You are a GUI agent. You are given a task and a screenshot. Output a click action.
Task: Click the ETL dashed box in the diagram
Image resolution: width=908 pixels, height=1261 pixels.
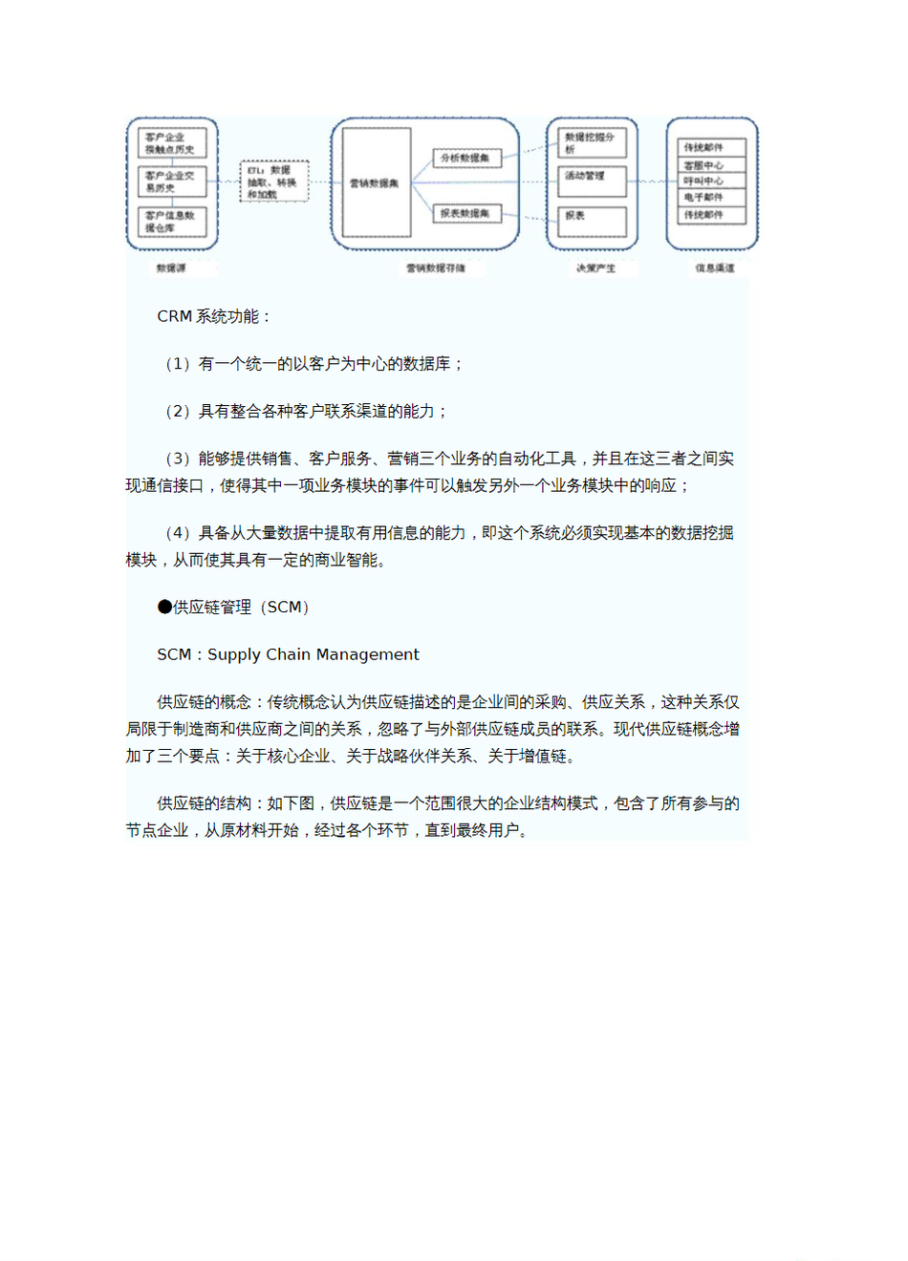click(x=274, y=182)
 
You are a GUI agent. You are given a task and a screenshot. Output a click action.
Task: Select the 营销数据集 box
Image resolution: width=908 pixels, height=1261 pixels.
click(x=377, y=182)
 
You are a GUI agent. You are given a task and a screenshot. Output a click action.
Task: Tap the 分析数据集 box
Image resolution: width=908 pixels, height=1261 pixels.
click(x=466, y=158)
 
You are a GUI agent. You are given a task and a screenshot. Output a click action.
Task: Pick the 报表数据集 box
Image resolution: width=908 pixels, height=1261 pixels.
click(x=466, y=214)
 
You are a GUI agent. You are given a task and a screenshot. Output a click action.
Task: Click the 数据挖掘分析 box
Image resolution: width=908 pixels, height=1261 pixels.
click(x=592, y=143)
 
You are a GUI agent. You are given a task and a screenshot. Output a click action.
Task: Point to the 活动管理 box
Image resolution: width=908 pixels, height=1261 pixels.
click(x=592, y=178)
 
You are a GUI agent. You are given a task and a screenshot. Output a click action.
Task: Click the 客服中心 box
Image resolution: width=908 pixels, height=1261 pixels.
click(x=711, y=165)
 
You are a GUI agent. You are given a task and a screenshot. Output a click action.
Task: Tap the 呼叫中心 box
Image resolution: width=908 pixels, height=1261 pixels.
click(x=711, y=181)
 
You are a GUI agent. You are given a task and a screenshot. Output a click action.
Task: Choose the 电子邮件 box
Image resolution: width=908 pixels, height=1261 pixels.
click(x=711, y=197)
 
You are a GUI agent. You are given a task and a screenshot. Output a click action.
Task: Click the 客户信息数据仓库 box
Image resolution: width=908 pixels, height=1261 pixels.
click(x=172, y=223)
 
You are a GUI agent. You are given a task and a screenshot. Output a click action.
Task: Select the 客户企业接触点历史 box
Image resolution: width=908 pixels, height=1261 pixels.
click(x=172, y=143)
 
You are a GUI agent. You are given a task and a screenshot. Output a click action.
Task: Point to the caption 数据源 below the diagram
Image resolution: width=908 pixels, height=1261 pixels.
click(x=172, y=268)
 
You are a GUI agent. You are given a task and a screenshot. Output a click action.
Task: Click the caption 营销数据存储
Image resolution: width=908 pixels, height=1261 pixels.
click(x=436, y=268)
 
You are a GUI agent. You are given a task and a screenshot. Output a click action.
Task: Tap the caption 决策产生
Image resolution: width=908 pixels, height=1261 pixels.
click(x=595, y=268)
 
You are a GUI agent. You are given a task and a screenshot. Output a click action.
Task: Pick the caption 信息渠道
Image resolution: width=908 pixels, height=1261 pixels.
click(x=715, y=268)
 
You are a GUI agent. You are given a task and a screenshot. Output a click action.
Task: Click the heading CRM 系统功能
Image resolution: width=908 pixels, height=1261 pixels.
click(x=214, y=316)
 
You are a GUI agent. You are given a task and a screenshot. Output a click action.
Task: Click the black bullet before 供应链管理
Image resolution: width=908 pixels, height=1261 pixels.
click(x=164, y=607)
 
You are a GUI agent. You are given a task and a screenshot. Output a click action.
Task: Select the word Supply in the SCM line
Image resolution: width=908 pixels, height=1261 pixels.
click(x=233, y=654)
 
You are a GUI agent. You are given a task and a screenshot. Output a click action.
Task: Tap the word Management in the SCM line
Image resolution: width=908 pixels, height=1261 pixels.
click(x=367, y=654)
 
